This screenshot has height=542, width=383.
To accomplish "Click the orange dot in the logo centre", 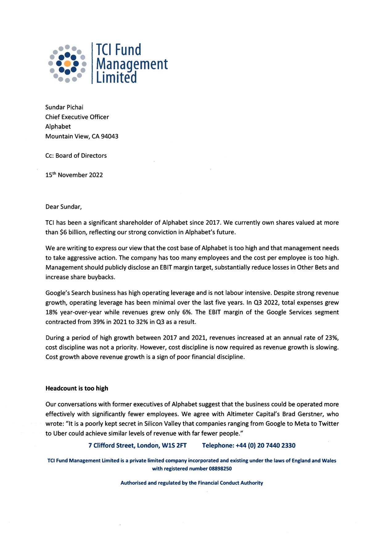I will pos(67,64).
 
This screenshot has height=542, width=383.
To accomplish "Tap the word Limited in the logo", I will pos(116,77).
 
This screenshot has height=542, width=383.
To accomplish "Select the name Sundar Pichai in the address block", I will pos(64,107).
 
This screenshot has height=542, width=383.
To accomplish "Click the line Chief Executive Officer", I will pos(77,117).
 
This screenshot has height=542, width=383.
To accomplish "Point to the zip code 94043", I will pos(109,136).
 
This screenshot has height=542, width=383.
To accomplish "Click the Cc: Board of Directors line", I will pos(76,156).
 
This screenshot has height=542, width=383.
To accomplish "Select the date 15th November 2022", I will pos(74,175).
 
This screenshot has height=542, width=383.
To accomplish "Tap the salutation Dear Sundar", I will pos(63,207).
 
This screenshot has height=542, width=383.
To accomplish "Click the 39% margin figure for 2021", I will pos(98,322).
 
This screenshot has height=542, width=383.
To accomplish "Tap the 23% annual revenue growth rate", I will pos(332,338).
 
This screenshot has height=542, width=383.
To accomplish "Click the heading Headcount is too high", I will pos(77,388).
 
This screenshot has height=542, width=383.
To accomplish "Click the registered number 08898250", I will pos(220,468).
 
